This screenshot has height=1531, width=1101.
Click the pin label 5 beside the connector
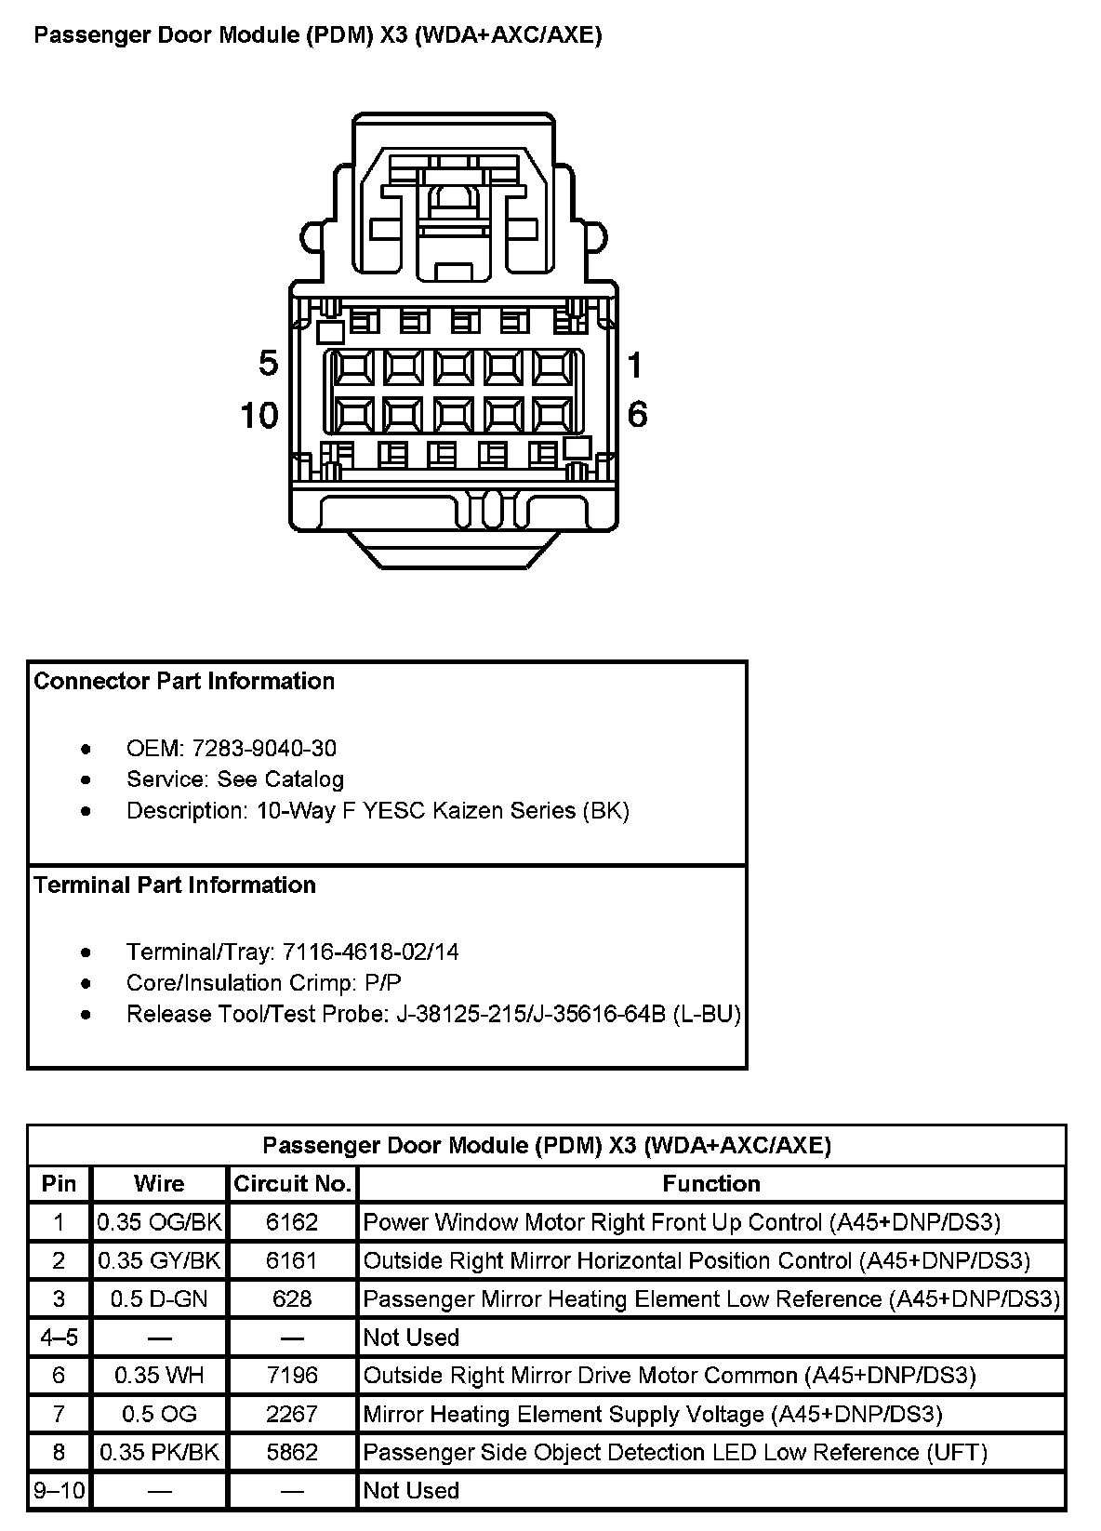(x=268, y=364)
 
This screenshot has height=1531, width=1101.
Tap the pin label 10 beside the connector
(x=259, y=415)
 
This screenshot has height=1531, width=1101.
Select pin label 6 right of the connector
(x=637, y=415)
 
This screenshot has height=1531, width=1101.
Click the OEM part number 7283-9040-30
(x=264, y=749)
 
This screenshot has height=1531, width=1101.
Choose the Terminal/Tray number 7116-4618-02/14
(x=370, y=952)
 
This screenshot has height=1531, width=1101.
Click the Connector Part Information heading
(x=184, y=681)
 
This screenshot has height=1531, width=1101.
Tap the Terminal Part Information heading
(x=175, y=885)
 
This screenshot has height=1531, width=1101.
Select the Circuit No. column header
(x=292, y=1183)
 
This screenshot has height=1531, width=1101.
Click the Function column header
(x=711, y=1183)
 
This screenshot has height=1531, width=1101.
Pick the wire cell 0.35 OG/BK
(x=160, y=1221)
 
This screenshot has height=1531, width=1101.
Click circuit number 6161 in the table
(x=292, y=1260)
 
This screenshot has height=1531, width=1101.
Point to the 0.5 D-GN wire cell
(x=159, y=1298)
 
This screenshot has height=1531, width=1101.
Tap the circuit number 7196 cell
(x=292, y=1375)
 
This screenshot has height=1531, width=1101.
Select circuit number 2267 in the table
(x=292, y=1414)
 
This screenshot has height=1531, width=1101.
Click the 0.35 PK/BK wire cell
(x=160, y=1452)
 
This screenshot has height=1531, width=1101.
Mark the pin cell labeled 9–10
(x=60, y=1490)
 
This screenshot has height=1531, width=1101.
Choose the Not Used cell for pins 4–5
(x=411, y=1338)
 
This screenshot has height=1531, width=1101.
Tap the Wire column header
(x=159, y=1183)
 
